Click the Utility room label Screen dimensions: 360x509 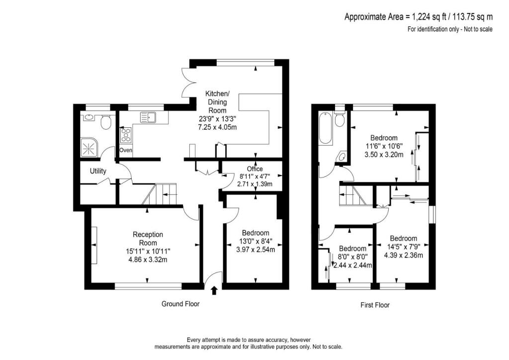click(x=98, y=172)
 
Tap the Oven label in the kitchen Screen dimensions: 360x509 click(x=125, y=150)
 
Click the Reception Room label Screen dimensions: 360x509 click(x=148, y=238)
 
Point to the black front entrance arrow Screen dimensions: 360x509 click(x=214, y=290)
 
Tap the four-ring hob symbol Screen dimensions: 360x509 click(x=126, y=134)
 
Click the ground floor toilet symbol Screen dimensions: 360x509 click(x=105, y=122)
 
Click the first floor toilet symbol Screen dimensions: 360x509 click(x=340, y=120)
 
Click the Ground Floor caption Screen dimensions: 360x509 click(x=180, y=304)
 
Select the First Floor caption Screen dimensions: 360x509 click(x=375, y=305)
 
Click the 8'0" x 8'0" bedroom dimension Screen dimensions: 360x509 click(x=353, y=257)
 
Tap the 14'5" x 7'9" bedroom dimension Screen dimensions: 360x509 click(x=403, y=247)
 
